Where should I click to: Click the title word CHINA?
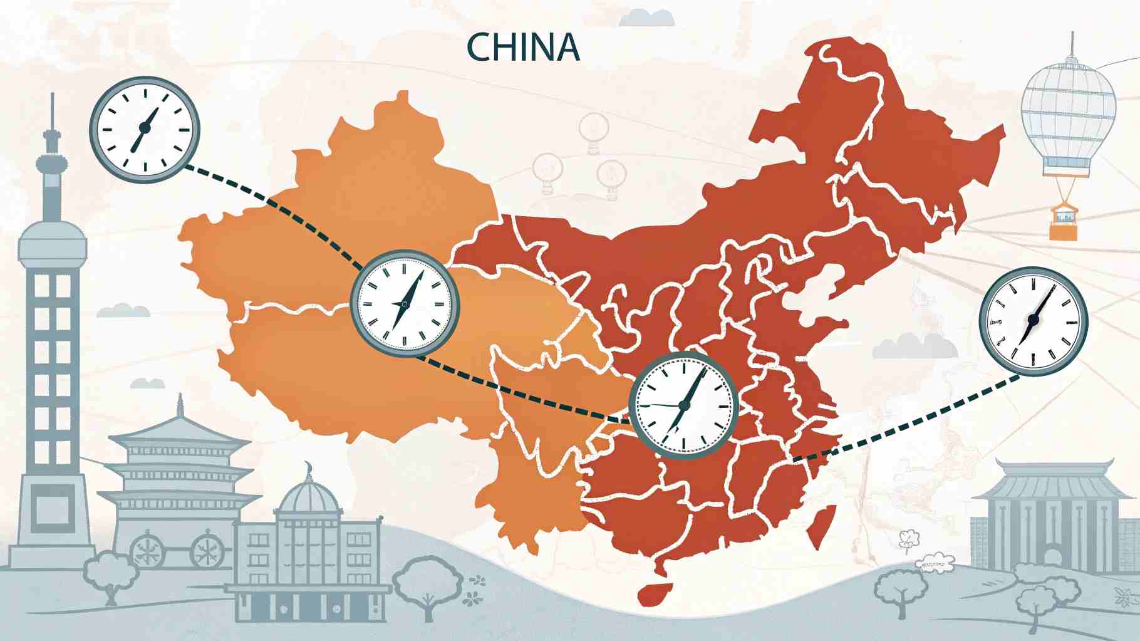(523, 48)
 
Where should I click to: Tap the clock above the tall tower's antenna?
(145, 128)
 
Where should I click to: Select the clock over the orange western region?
(404, 304)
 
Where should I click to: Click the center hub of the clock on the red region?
(683, 405)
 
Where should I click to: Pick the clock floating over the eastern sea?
(1033, 320)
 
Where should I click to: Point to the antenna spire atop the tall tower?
(53, 113)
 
